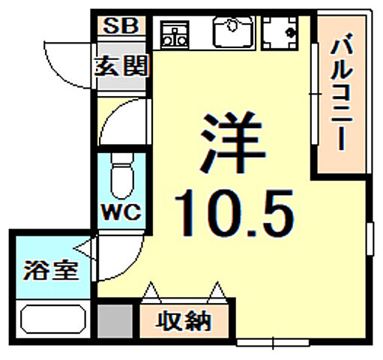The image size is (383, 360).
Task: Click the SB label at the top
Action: point(120,25)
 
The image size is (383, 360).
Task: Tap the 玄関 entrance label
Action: point(121,65)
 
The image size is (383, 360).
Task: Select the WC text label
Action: point(121,211)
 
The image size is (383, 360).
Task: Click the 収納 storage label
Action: point(184,321)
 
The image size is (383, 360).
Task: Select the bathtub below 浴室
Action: point(52,319)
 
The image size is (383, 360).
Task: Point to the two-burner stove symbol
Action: point(175,33)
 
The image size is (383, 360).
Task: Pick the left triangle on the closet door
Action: point(152,289)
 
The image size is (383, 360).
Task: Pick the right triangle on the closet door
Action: point(218,289)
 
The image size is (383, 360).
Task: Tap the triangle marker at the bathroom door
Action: point(86,246)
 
